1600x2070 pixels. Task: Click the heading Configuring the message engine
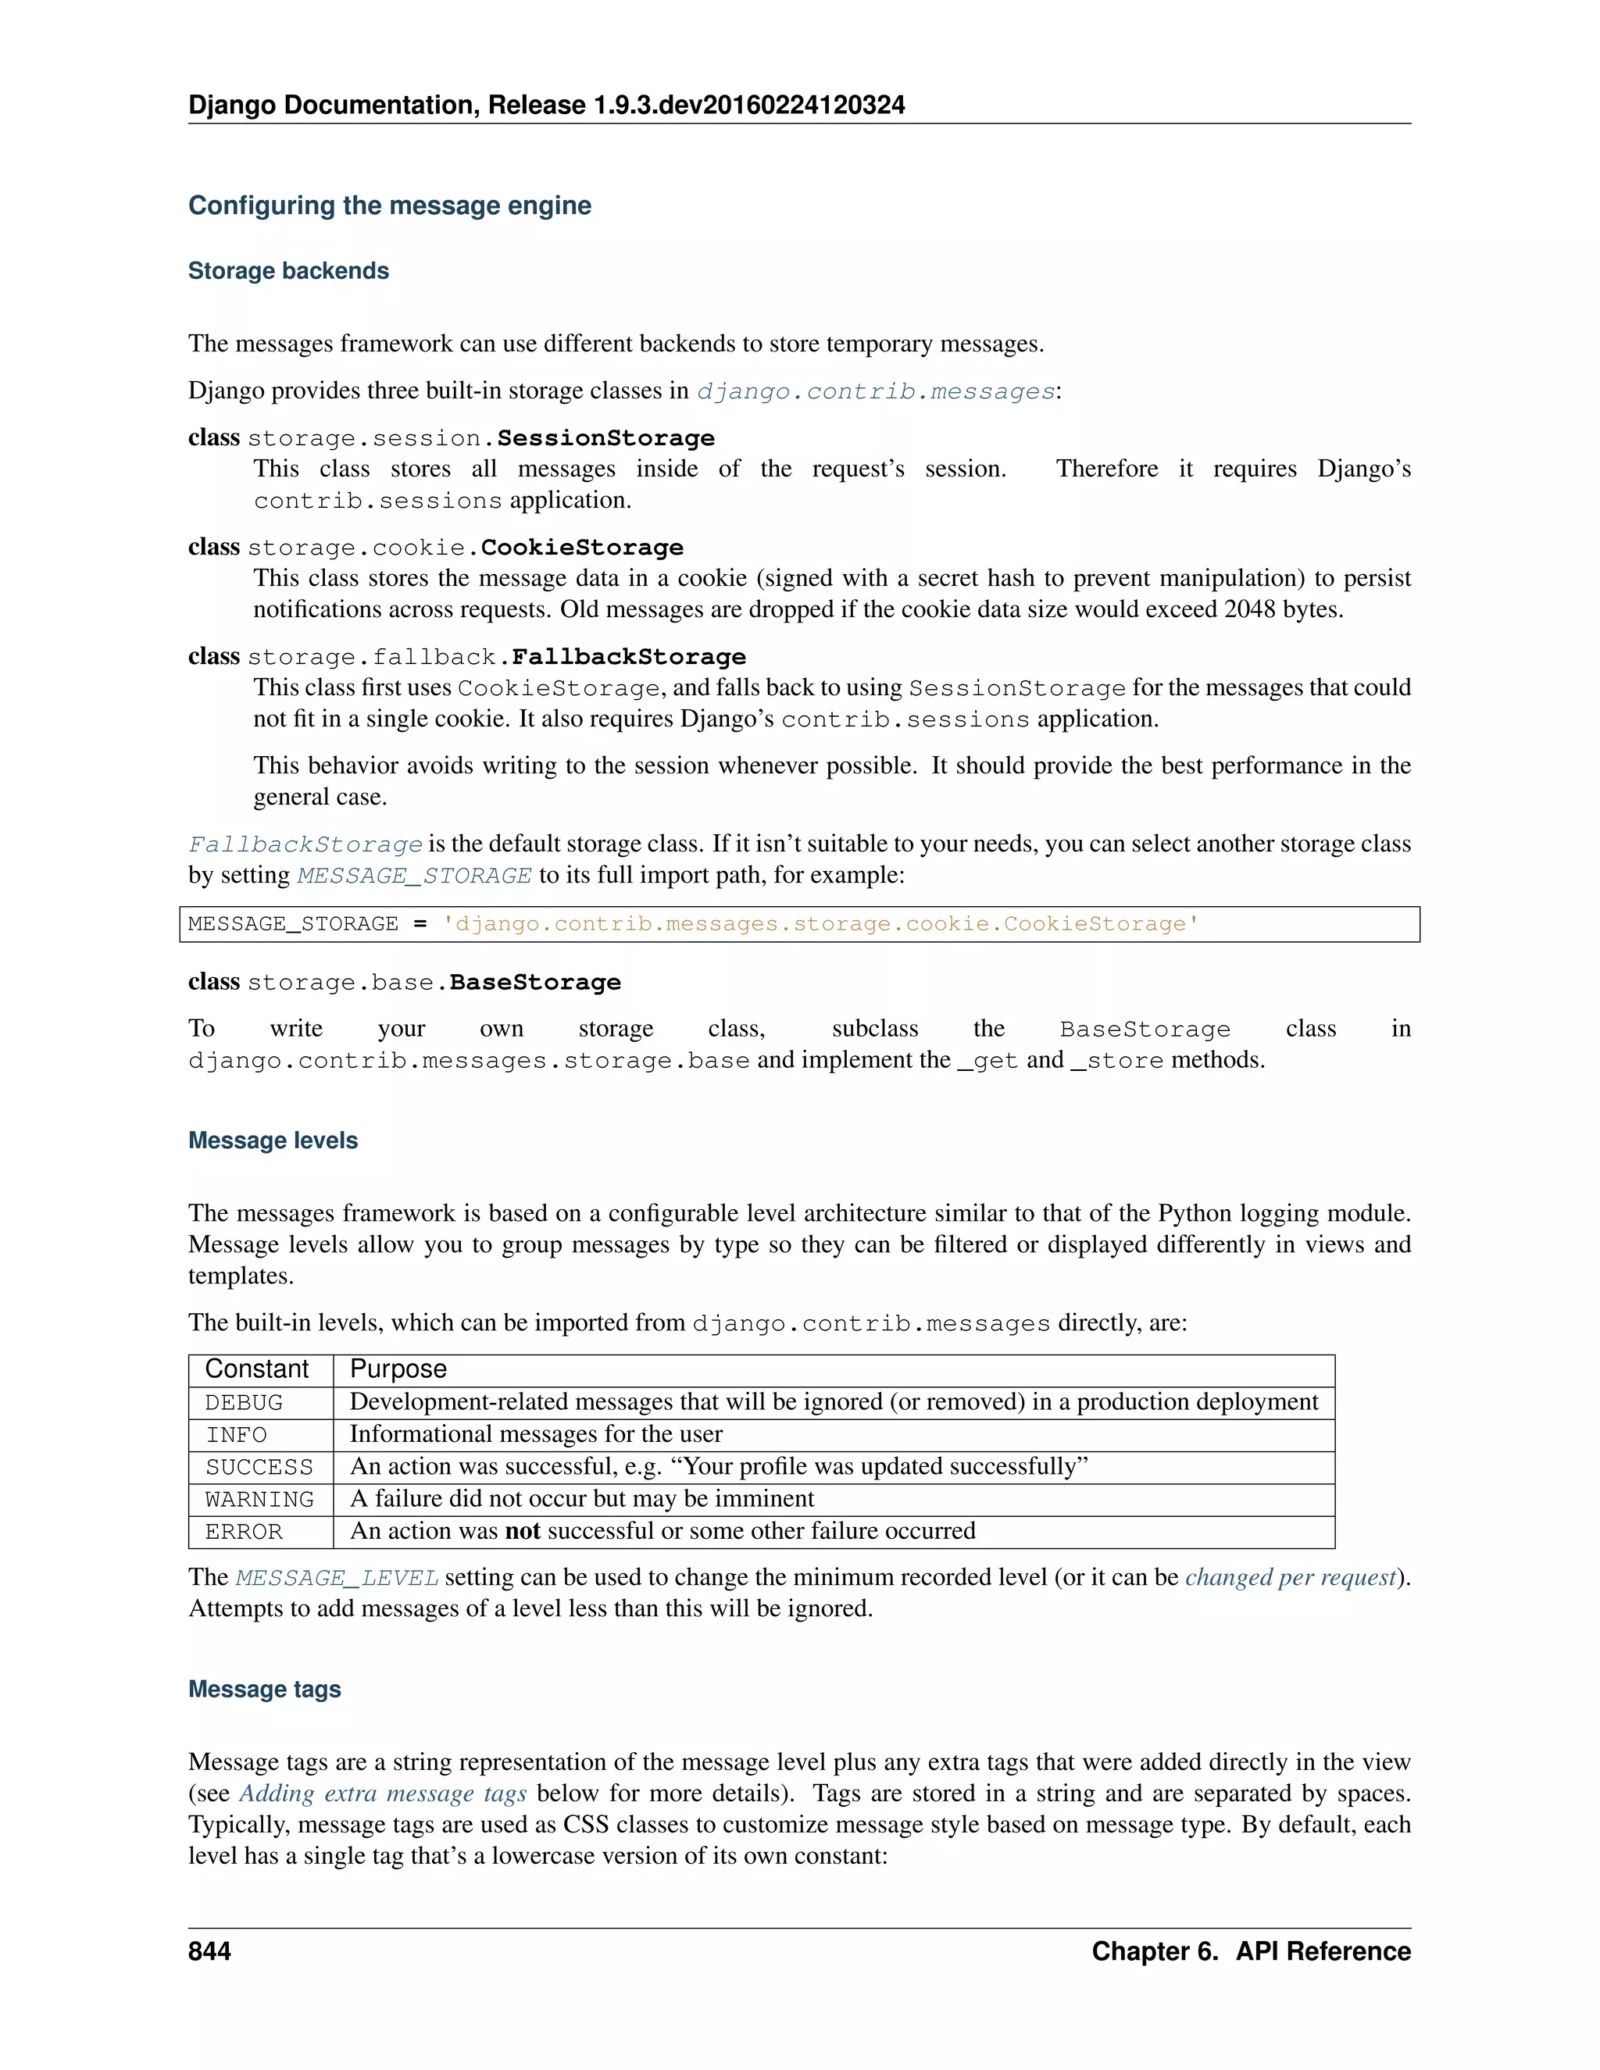[390, 205]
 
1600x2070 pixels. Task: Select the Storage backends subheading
[288, 271]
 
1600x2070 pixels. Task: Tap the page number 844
[209, 1951]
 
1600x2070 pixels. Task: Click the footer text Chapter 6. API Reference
[1250, 1951]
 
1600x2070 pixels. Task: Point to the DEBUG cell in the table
[244, 1403]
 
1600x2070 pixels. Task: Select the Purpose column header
[398, 1369]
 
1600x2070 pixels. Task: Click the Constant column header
[257, 1369]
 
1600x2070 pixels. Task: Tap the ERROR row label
[244, 1532]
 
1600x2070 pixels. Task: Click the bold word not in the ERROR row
[523, 1531]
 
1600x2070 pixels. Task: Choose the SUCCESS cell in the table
[259, 1467]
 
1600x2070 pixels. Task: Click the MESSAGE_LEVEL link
[337, 1578]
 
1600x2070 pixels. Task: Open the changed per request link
[1291, 1577]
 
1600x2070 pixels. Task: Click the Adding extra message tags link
[382, 1793]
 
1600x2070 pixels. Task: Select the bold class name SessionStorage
[605, 438]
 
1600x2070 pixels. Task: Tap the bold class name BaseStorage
[534, 982]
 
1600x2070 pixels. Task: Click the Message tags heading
[265, 1689]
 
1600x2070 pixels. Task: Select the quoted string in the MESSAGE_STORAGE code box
[821, 924]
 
